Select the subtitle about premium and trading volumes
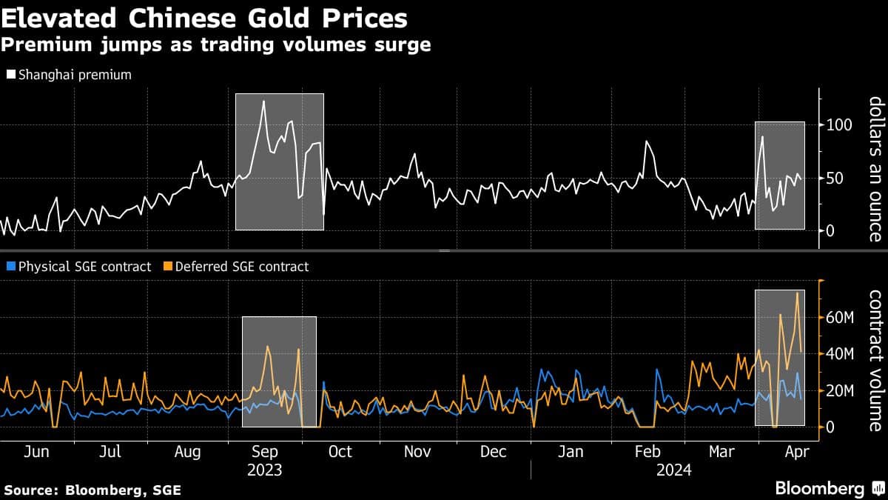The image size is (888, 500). pos(215,45)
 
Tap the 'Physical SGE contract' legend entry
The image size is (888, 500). pos(78,267)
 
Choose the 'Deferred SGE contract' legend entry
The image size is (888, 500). pos(235,267)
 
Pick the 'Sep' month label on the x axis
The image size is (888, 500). pos(265,451)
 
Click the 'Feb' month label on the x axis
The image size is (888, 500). pos(647,451)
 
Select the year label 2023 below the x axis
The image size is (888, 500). pos(265,470)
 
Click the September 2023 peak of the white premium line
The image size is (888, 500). pos(263,101)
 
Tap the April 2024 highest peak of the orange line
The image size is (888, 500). pos(797,293)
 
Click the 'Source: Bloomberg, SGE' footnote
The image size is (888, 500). pos(92,490)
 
